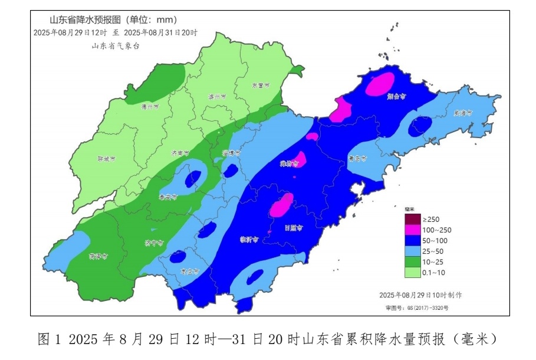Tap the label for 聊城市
(106, 159)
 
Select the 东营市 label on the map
(260, 85)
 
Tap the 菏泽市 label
(98, 256)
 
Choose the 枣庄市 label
(189, 271)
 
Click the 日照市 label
(293, 227)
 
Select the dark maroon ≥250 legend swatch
(412, 219)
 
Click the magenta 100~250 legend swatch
(412, 230)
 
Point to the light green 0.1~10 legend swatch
(412, 272)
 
